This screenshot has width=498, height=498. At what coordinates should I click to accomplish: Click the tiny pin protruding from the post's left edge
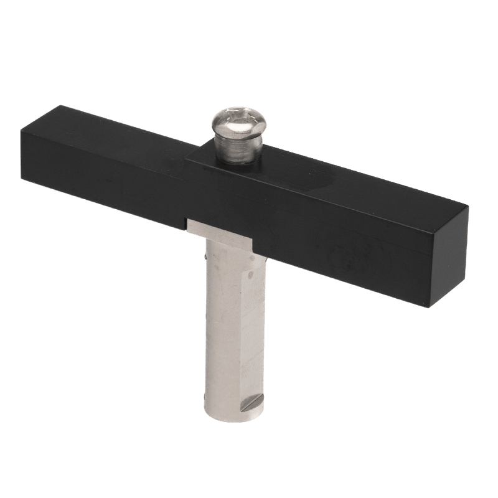[x=205, y=255]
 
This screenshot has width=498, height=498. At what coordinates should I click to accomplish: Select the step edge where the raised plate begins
[x=187, y=156]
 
